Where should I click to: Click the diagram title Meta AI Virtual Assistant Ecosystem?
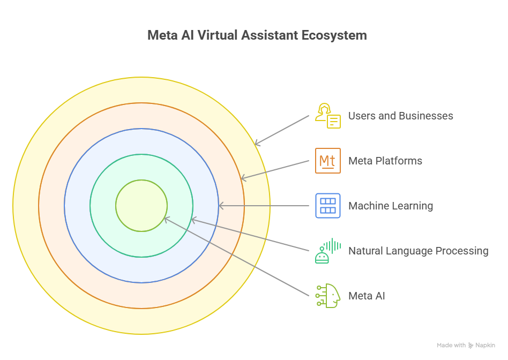[257, 35]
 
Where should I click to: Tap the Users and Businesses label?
[400, 116]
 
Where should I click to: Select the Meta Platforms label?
[385, 161]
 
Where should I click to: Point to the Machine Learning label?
[390, 206]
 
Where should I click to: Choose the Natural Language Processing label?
[418, 251]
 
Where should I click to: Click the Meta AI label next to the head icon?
[367, 296]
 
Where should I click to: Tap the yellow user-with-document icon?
[327, 116]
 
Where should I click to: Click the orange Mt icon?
[327, 161]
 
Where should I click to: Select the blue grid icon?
[327, 206]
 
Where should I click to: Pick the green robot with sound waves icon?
[327, 251]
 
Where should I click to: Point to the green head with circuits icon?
[327, 296]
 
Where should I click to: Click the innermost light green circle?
[141, 206]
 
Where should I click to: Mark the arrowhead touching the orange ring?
[242, 178]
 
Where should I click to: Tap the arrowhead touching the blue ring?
[220, 206]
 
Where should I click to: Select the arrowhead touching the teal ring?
[193, 219]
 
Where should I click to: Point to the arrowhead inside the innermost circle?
[166, 218]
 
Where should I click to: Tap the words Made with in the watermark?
[451, 346]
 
